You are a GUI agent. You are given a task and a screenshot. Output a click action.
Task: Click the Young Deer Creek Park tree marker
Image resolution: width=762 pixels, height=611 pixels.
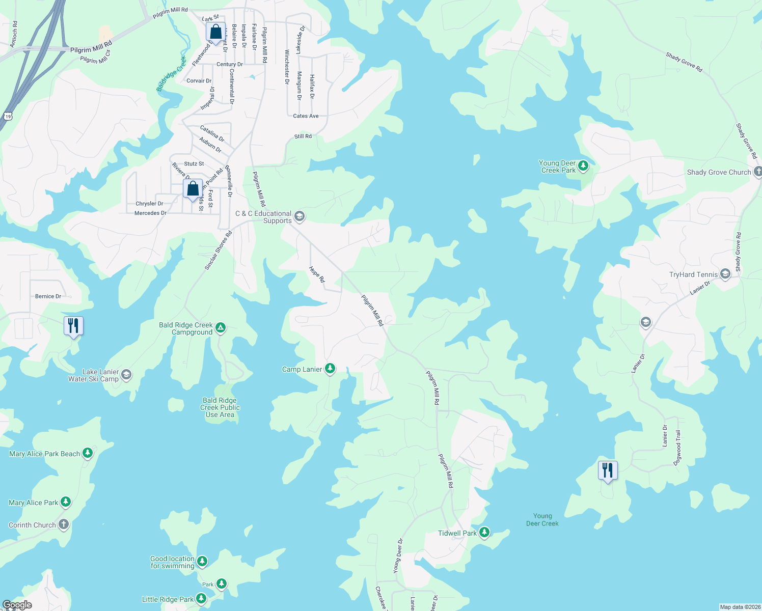click(583, 166)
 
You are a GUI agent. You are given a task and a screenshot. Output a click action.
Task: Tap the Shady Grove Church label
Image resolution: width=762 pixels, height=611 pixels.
click(719, 173)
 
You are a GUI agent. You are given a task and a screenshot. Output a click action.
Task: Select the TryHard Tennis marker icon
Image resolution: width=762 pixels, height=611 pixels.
click(725, 274)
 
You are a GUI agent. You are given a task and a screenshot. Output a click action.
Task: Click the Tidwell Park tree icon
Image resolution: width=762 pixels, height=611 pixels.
click(484, 533)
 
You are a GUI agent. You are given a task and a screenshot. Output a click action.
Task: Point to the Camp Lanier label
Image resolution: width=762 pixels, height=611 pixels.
click(302, 369)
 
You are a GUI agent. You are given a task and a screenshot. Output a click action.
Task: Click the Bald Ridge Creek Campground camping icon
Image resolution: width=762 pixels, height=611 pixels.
click(221, 327)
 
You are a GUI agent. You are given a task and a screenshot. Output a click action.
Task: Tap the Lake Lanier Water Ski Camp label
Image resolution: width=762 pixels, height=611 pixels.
click(94, 375)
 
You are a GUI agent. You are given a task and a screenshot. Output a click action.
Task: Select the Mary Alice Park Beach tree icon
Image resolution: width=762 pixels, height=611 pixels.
click(88, 453)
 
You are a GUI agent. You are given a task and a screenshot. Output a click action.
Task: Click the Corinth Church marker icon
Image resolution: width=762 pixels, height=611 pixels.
click(64, 524)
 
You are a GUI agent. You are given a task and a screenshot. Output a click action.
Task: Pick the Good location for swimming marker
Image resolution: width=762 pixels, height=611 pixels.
click(202, 561)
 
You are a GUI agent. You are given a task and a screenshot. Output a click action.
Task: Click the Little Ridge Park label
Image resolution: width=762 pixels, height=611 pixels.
click(168, 599)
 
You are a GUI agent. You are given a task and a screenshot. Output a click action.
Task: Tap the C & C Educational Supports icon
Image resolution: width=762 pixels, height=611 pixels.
click(300, 216)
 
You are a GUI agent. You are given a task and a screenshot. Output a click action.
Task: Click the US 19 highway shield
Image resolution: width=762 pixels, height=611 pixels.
click(8, 116)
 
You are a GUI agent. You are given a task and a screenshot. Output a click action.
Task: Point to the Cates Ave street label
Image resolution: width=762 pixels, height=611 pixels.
click(306, 116)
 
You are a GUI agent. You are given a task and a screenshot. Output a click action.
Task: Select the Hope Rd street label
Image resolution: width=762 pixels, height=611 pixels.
click(317, 274)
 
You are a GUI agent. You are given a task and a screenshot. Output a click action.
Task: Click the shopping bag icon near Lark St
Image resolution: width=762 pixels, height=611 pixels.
click(215, 32)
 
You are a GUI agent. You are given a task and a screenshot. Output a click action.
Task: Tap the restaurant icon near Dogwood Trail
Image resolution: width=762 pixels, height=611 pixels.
click(607, 470)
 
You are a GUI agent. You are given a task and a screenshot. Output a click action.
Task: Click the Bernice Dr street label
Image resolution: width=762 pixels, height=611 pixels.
click(48, 296)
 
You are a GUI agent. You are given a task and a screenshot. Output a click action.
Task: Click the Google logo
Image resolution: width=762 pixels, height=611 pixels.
click(17, 605)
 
